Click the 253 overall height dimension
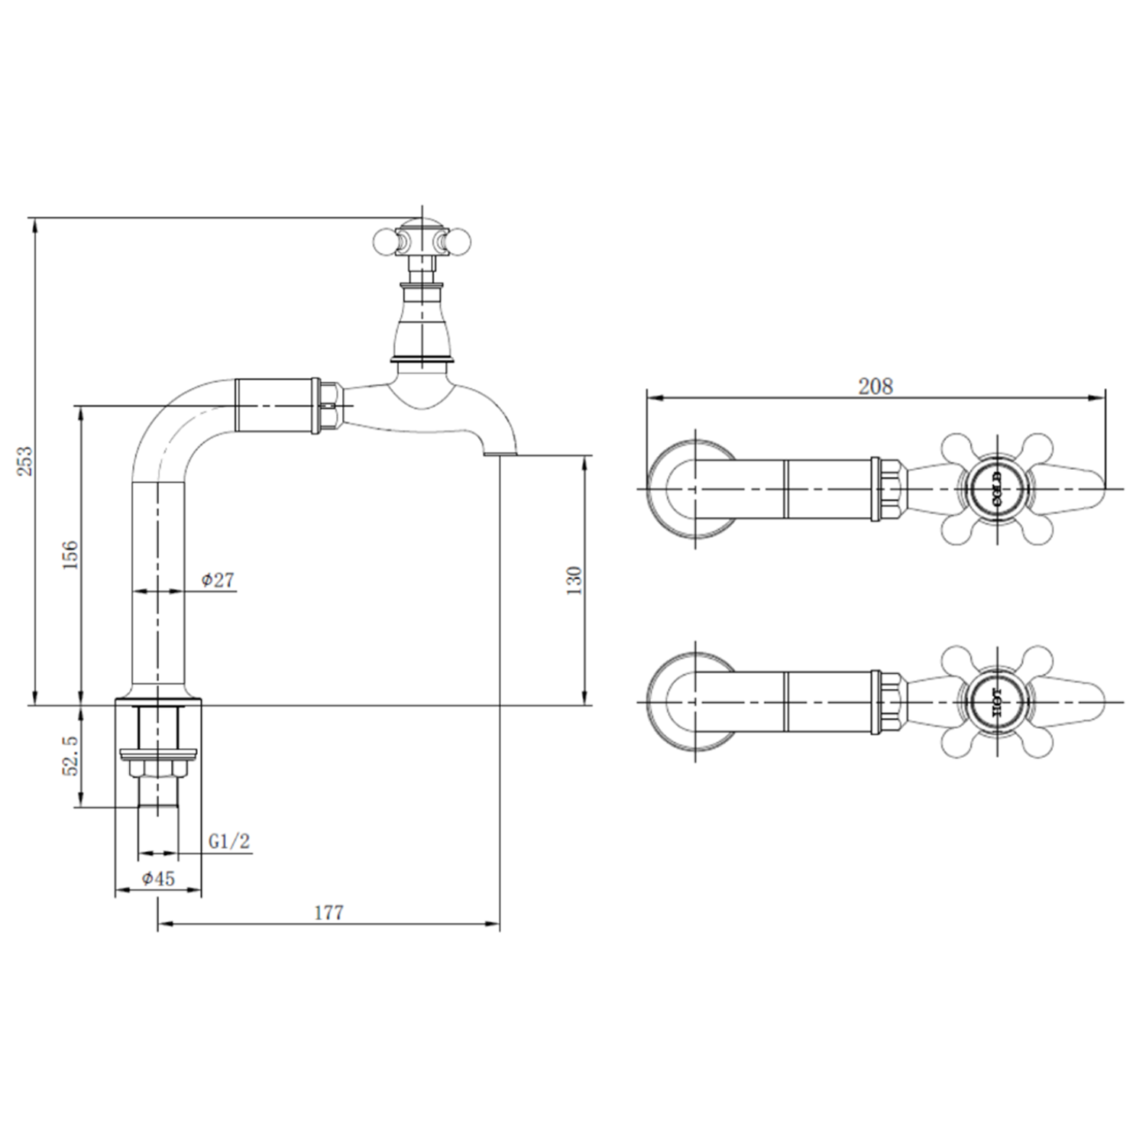click(26, 461)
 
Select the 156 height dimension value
click(70, 555)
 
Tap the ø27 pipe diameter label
click(218, 580)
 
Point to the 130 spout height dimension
click(575, 581)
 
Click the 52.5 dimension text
click(70, 756)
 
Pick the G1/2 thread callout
click(229, 841)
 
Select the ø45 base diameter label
click(158, 879)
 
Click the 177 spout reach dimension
click(329, 912)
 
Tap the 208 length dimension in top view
click(875, 387)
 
